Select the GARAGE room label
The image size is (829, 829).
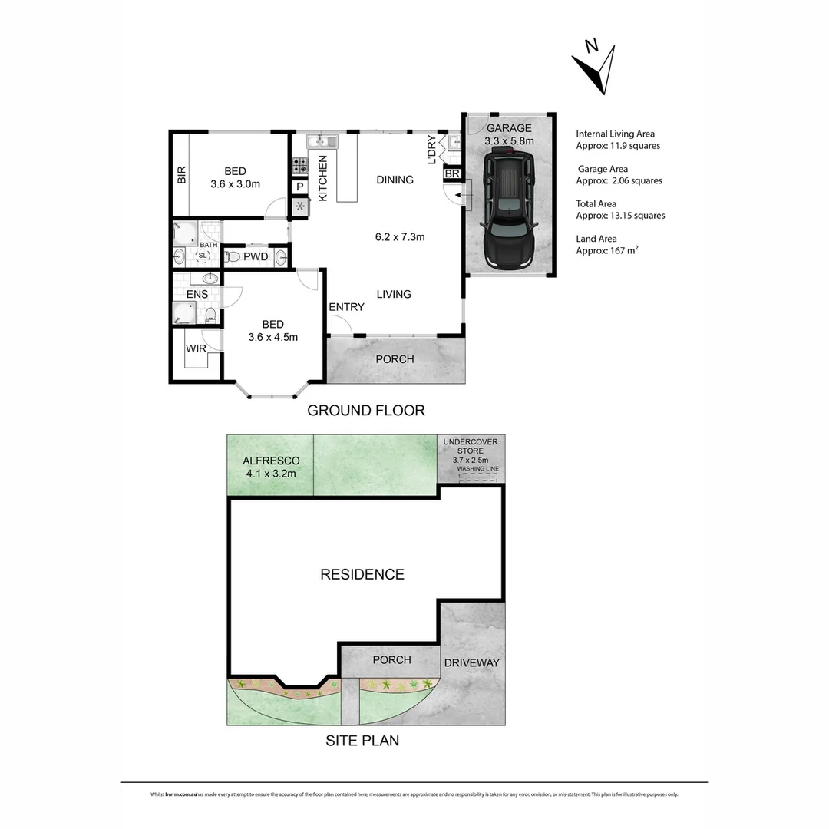tap(507, 128)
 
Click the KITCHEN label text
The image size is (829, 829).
tap(323, 178)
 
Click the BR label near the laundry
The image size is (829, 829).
tap(451, 174)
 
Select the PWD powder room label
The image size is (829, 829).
tap(256, 256)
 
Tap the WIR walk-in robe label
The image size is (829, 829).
tap(196, 348)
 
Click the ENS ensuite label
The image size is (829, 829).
tap(197, 294)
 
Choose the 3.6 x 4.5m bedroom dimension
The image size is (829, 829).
tap(272, 336)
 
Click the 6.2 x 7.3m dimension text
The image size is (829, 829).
tap(400, 236)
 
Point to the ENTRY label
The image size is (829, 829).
tap(346, 307)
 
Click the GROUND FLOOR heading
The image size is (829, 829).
tap(365, 411)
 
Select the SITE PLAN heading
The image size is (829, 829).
tap(362, 741)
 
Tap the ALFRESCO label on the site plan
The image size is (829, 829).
tap(270, 461)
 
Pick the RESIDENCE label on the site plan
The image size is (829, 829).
tap(362, 574)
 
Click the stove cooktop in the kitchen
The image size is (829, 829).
tap(299, 164)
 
